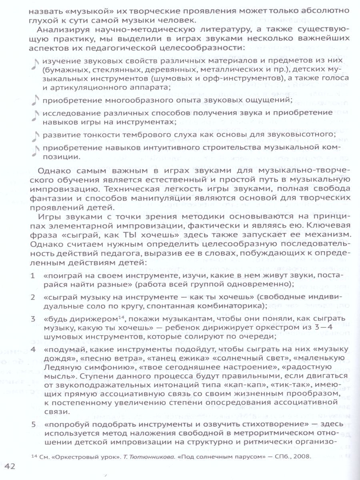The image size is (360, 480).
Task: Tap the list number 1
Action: click(x=32, y=276)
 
